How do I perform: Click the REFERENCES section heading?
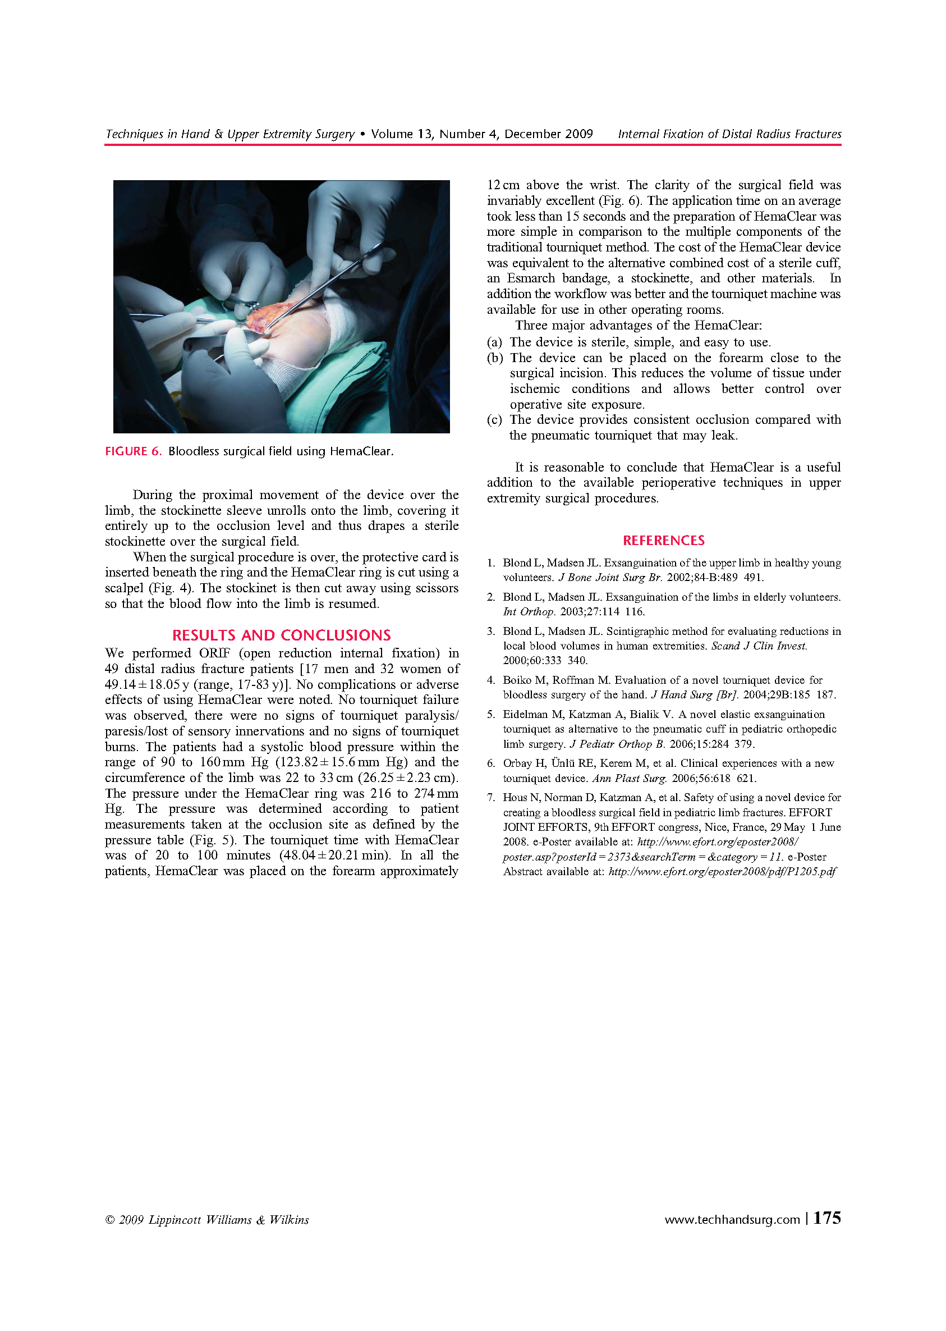tap(663, 540)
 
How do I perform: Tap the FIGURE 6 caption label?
tap(133, 451)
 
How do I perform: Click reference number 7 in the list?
tap(491, 797)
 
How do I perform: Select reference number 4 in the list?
tap(491, 679)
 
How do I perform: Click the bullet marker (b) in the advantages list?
tap(495, 358)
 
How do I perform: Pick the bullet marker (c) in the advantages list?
tap(494, 419)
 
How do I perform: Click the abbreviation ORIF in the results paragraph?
tap(214, 653)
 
